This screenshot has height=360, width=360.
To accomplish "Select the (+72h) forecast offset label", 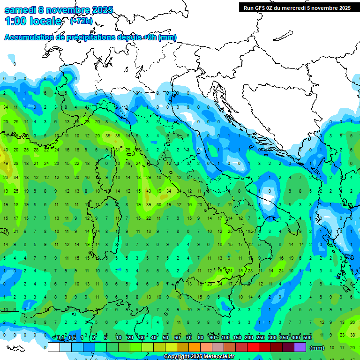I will [81, 21].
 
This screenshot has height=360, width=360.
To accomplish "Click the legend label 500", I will [307, 338].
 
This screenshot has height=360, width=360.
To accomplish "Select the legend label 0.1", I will [60, 338].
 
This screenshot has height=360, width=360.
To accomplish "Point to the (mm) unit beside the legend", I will [317, 348].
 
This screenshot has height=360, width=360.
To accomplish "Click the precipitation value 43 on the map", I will [149, 191].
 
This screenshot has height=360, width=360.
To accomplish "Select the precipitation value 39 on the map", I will [149, 204].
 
